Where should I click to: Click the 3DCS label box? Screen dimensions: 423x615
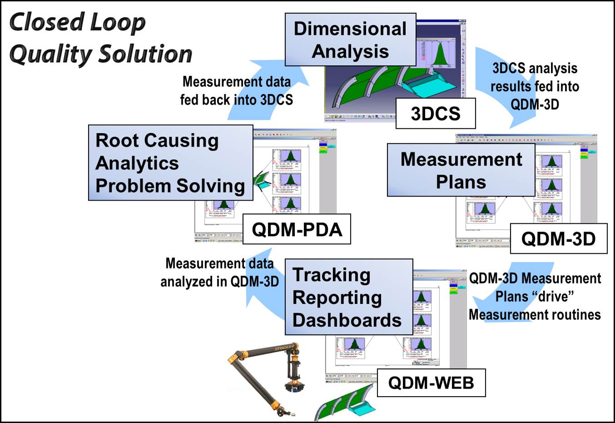435,114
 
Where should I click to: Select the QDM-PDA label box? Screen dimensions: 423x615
297,229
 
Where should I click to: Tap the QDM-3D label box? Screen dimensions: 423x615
558,239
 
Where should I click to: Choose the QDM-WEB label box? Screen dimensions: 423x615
431,383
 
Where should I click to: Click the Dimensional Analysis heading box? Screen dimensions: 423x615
350,40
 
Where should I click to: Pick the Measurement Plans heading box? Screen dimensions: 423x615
461,171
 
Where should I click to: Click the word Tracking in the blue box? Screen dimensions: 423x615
331,275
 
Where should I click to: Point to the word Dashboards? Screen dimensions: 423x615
347,320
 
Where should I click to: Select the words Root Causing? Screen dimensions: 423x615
157,140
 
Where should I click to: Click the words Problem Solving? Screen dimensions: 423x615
170,186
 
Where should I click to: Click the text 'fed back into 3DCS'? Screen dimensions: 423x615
236,100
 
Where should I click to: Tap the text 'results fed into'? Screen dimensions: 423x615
535,86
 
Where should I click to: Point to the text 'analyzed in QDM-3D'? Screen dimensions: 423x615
219,282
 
